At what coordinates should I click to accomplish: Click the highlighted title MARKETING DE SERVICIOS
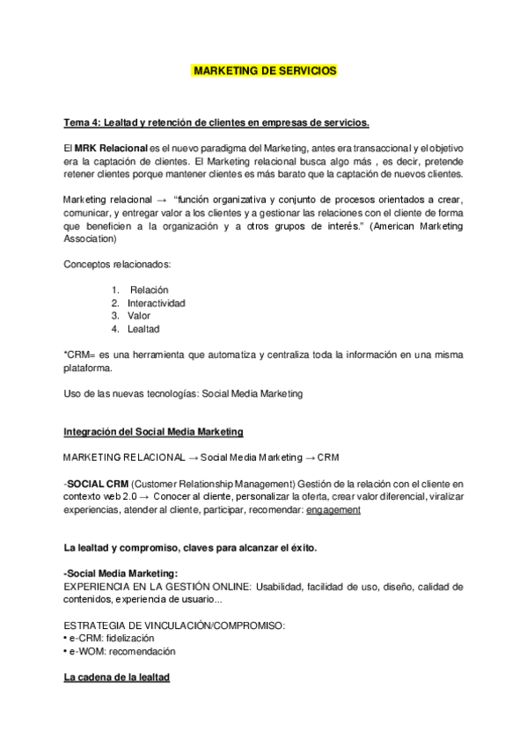[263, 69]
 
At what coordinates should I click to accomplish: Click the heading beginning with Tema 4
[216, 121]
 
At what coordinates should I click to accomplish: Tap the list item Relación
[149, 289]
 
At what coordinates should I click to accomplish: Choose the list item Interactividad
[156, 303]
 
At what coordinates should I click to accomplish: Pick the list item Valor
[139, 315]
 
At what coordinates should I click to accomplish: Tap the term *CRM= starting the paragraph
[77, 354]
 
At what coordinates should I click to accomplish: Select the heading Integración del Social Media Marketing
[154, 432]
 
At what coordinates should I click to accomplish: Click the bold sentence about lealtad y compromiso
[190, 547]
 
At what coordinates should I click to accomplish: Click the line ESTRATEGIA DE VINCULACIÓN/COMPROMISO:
[174, 625]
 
